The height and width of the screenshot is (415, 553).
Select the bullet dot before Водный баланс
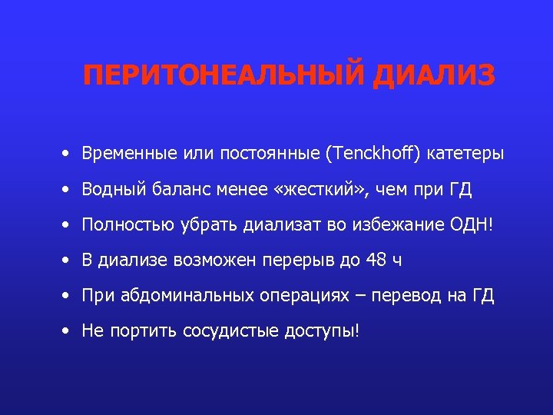tap(68, 190)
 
